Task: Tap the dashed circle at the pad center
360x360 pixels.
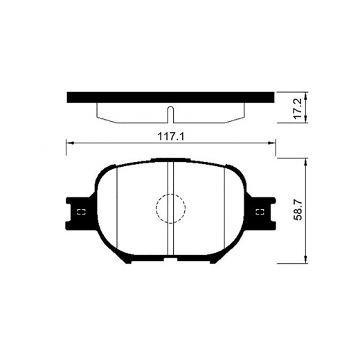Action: [x=170, y=208]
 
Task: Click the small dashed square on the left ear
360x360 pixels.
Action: [x=80, y=212]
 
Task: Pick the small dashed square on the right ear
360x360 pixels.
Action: [x=260, y=212]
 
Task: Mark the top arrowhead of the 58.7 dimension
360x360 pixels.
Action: [x=306, y=161]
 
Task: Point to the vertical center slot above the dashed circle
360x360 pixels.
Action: [x=170, y=177]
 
